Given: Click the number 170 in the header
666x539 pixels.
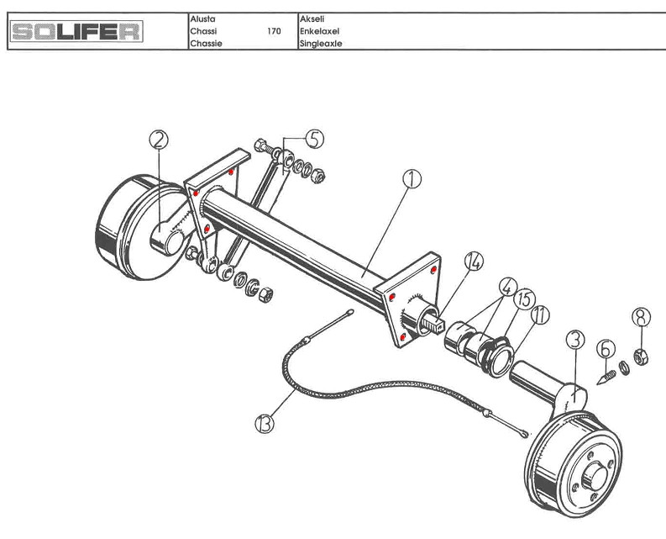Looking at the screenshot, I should [274, 32].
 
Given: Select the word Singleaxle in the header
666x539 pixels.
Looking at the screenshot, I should [321, 44].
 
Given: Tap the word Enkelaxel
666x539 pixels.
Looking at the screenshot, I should [319, 32].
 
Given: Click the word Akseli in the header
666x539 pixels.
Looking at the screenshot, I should [312, 18].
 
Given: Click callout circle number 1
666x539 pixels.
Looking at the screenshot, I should [412, 178].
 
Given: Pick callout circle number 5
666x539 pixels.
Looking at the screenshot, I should [312, 139].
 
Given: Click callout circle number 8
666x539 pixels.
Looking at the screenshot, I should [641, 317].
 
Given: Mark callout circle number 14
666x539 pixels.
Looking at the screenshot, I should [474, 263].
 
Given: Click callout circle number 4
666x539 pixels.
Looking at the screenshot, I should [507, 286].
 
